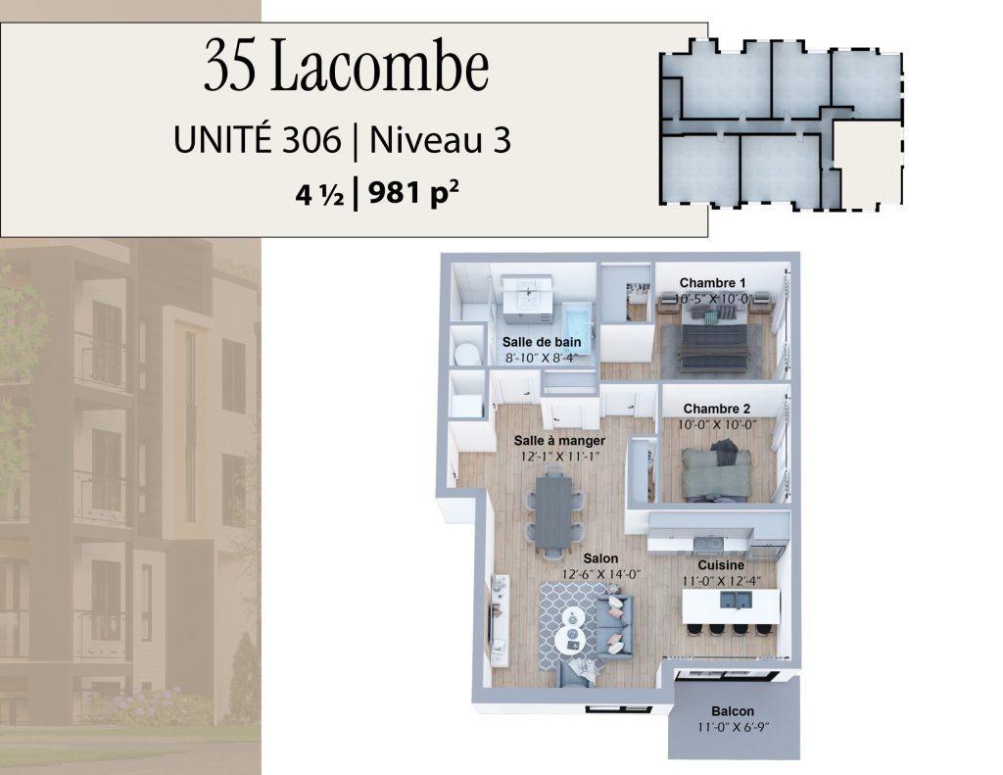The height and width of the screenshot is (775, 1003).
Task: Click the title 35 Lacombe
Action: (347, 66)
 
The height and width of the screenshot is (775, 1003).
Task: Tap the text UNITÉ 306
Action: (258, 139)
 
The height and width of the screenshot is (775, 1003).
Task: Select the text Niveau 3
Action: (441, 140)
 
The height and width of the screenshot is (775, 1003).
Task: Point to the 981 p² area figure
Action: (414, 193)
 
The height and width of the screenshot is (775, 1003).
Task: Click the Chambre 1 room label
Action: (712, 283)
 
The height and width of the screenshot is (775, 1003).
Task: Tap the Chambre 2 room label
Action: (716, 409)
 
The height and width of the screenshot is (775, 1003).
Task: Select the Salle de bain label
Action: (541, 342)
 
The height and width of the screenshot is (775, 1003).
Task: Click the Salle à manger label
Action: (559, 441)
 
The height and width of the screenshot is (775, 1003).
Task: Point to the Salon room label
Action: (600, 558)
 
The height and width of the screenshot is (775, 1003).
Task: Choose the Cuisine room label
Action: (721, 565)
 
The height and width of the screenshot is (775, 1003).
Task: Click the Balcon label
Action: (733, 711)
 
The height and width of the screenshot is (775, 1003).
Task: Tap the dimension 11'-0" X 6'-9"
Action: (733, 727)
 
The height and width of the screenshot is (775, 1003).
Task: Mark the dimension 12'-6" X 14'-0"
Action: (601, 575)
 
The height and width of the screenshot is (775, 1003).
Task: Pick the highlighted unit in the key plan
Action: (868, 167)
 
